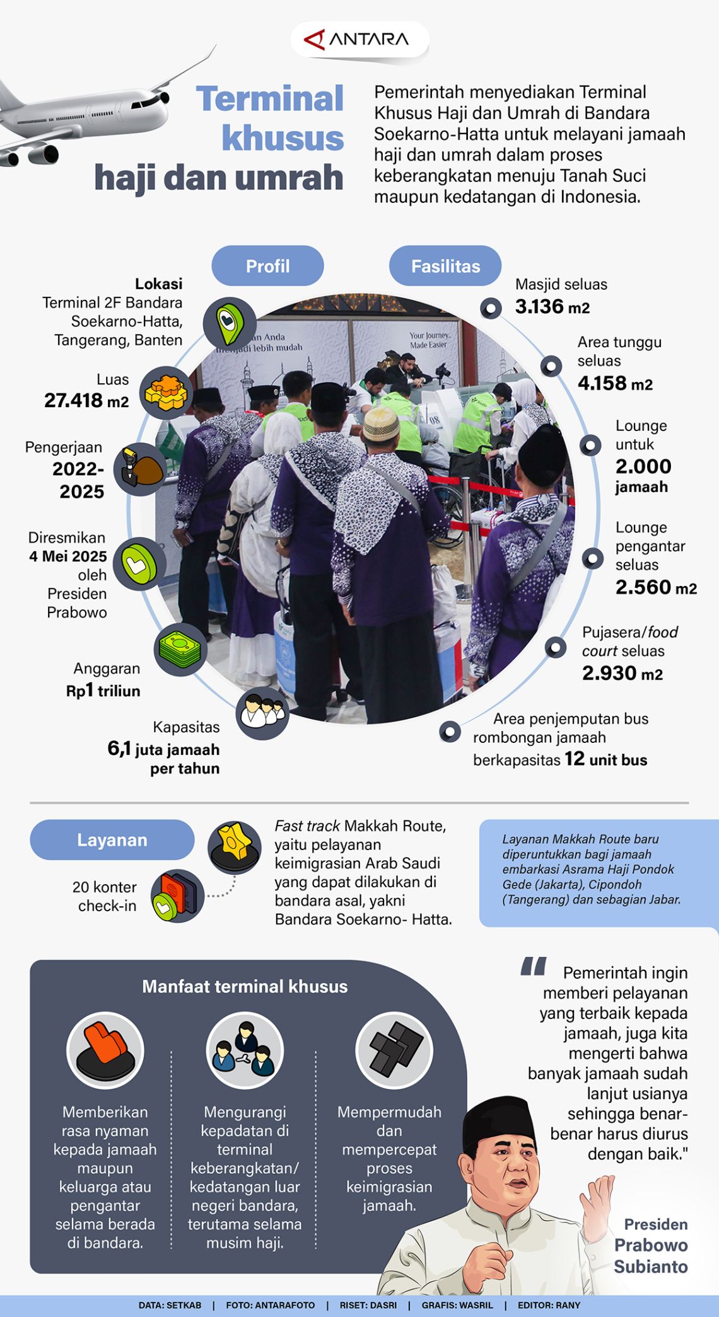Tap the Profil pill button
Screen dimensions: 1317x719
(x=267, y=266)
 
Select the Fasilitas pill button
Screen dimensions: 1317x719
(x=445, y=266)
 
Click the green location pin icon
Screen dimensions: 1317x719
(x=229, y=322)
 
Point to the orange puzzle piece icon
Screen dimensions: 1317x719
(x=166, y=393)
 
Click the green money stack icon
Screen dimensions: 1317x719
(x=180, y=649)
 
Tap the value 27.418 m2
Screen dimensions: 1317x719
(x=86, y=400)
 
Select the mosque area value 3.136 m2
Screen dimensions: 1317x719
(x=552, y=307)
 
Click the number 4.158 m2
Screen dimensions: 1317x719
(x=615, y=383)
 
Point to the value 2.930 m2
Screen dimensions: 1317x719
(x=623, y=673)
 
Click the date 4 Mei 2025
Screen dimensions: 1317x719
(x=68, y=556)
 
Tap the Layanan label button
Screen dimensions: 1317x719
(x=112, y=840)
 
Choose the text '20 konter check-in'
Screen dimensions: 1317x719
(x=105, y=896)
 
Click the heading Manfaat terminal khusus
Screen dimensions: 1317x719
(x=245, y=987)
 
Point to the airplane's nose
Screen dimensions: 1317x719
(x=166, y=97)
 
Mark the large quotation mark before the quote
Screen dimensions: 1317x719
(x=534, y=967)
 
